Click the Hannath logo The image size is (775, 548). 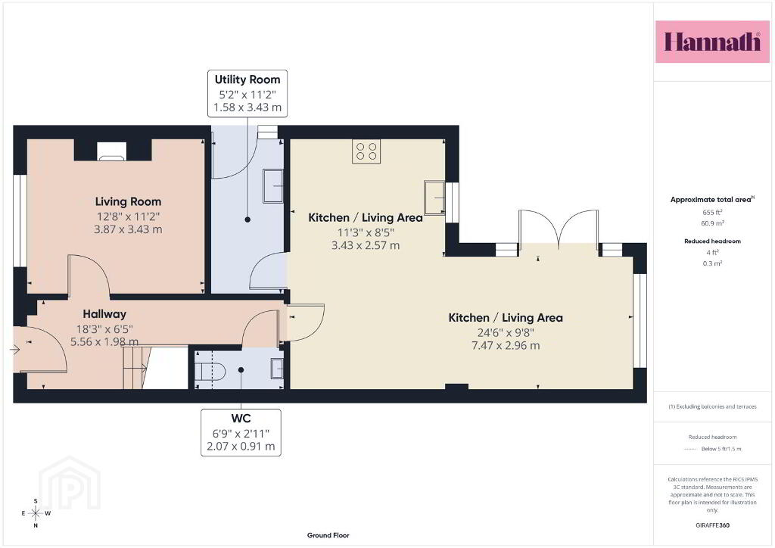tap(712, 42)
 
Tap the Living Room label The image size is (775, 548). tap(128, 201)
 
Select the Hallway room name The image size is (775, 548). tap(104, 314)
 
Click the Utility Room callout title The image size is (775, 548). tap(247, 79)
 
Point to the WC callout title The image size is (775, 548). tap(241, 419)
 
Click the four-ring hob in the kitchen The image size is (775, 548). tap(366, 151)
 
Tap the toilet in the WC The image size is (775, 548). tap(210, 371)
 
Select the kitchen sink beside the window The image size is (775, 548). tap(434, 198)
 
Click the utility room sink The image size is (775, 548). tap(272, 185)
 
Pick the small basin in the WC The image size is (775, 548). tap(277, 369)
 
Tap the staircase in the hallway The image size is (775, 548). tap(136, 367)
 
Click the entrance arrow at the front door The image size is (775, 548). tap(14, 350)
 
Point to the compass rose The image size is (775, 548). tap(36, 513)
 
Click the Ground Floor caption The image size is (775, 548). tap(328, 535)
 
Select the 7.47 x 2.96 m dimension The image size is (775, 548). tap(506, 345)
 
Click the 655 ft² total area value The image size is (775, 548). tap(712, 213)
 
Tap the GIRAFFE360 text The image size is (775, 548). tap(712, 525)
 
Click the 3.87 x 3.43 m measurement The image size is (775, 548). tap(128, 229)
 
